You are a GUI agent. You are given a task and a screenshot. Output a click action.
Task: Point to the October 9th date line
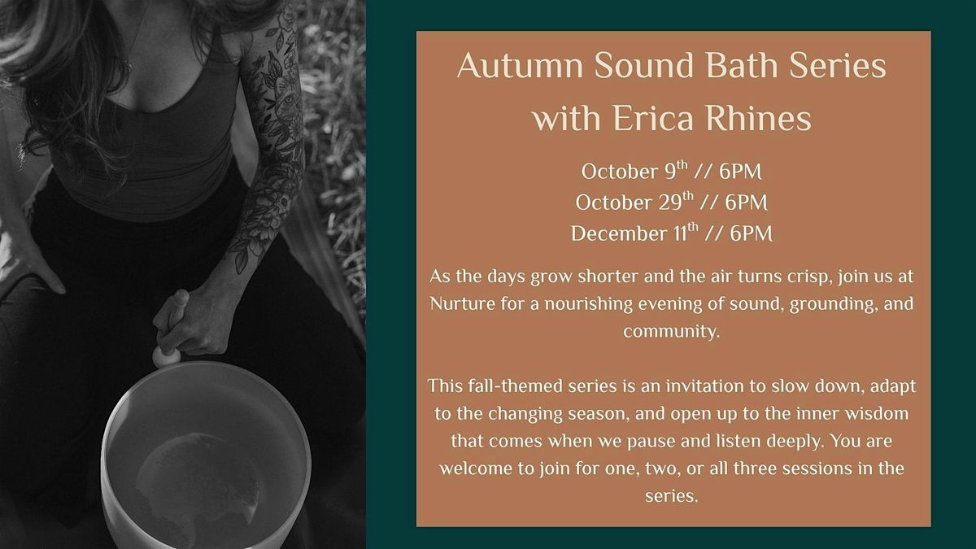[671, 172]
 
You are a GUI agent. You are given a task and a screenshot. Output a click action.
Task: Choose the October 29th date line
[671, 202]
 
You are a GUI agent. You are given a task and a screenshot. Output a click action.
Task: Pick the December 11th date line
[671, 233]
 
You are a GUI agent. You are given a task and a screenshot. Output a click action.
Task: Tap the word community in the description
[671, 331]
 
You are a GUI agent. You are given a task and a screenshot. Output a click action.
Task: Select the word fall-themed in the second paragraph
[504, 386]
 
